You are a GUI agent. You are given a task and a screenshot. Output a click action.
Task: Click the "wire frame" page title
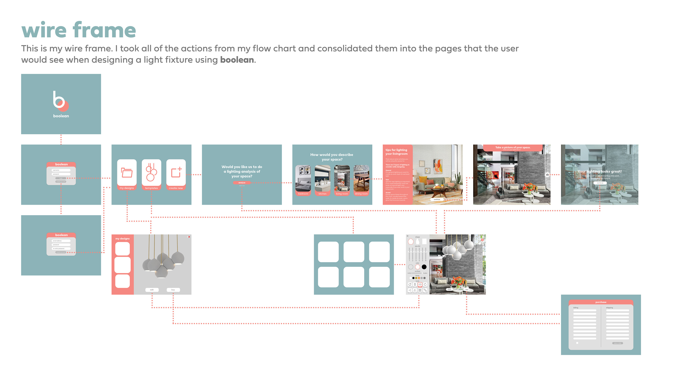[x=79, y=31]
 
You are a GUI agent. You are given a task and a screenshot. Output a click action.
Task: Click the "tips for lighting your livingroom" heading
[x=396, y=152]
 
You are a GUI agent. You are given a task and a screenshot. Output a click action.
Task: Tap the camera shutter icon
[x=547, y=175]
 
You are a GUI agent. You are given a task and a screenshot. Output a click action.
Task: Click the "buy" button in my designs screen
[x=173, y=290]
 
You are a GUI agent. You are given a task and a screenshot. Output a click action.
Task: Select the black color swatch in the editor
[x=424, y=267]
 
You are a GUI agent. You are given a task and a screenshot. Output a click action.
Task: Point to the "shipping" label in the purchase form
[x=609, y=308]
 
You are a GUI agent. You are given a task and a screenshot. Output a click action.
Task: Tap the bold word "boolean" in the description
[x=237, y=60]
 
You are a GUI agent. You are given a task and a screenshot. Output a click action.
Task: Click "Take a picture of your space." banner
[x=513, y=147]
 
